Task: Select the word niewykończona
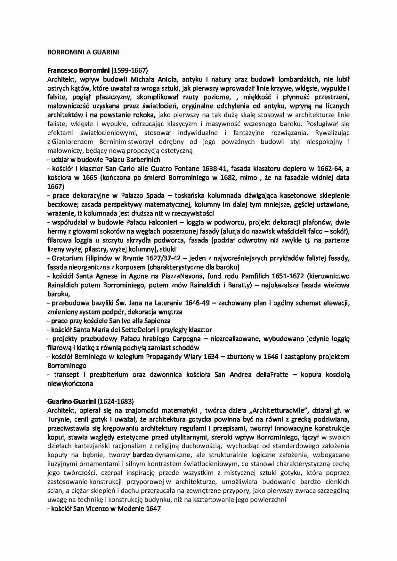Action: pyautogui.click(x=70, y=383)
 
